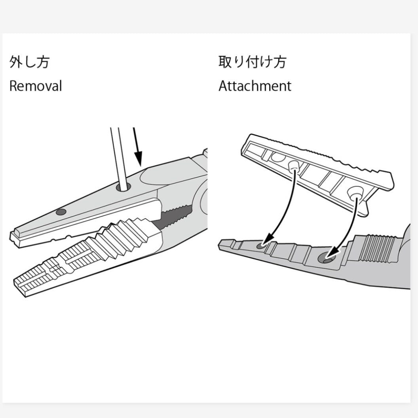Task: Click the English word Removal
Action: click(36, 86)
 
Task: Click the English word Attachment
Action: click(255, 86)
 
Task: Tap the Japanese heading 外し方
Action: click(29, 62)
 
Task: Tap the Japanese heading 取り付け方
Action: click(253, 62)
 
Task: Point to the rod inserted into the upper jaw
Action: click(118, 159)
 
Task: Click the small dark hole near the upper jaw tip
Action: click(61, 212)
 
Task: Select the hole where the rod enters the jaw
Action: click(123, 187)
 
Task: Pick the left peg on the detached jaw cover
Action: click(293, 166)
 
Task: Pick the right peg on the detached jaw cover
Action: click(354, 192)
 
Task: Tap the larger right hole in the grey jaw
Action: click(326, 258)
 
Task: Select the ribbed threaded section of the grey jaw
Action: click(376, 248)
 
